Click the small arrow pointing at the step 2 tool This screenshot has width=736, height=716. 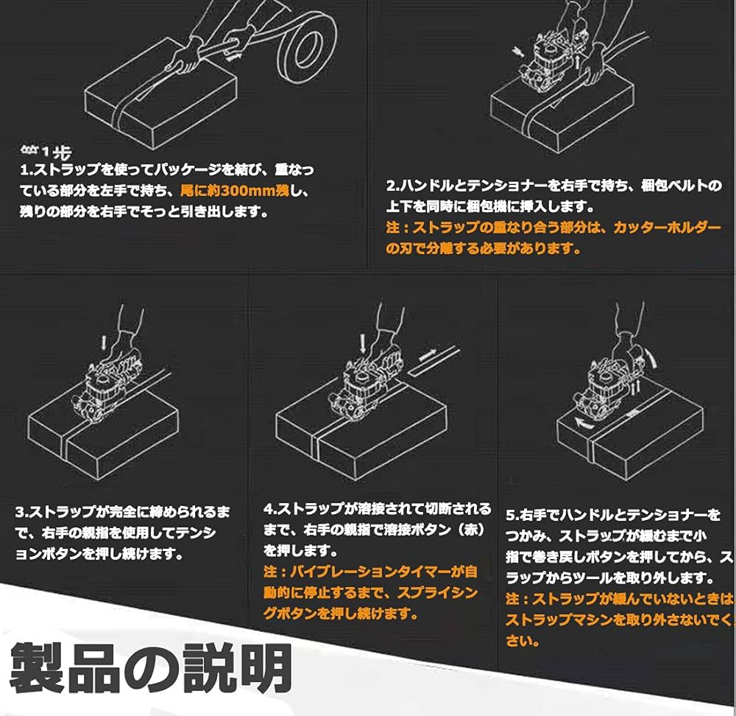(517, 49)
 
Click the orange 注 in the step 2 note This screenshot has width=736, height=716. (392, 228)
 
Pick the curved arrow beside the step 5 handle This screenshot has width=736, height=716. (651, 361)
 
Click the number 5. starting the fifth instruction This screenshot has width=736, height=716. (512, 515)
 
